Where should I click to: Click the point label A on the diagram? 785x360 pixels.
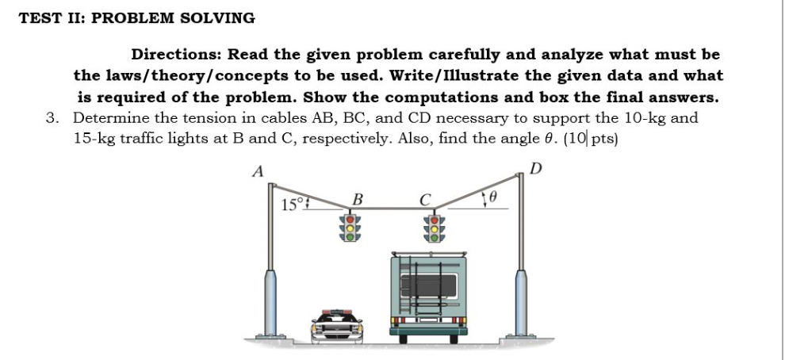(x=256, y=171)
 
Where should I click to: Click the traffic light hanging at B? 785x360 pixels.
(x=350, y=226)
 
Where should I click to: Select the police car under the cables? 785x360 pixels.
(x=337, y=325)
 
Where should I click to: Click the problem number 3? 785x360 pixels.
(x=52, y=118)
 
